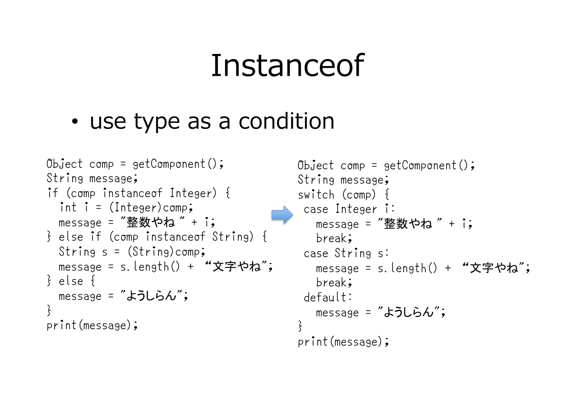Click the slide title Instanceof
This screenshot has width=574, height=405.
[x=287, y=65]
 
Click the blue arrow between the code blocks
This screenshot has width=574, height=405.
[x=282, y=215]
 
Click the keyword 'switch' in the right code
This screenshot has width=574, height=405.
[x=316, y=195]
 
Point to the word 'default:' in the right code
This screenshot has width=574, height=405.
[x=328, y=297]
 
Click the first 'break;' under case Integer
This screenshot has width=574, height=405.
[x=334, y=238]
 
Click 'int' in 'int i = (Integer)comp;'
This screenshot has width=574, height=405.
[x=68, y=208]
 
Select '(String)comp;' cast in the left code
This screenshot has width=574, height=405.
[x=166, y=252]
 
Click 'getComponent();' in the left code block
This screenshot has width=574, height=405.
[x=178, y=164]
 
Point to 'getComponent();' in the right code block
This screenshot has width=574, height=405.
[x=429, y=166]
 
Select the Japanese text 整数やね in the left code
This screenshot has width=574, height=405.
[x=151, y=222]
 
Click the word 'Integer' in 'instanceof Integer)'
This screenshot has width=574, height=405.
[x=193, y=193]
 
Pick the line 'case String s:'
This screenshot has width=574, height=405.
[x=346, y=253]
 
